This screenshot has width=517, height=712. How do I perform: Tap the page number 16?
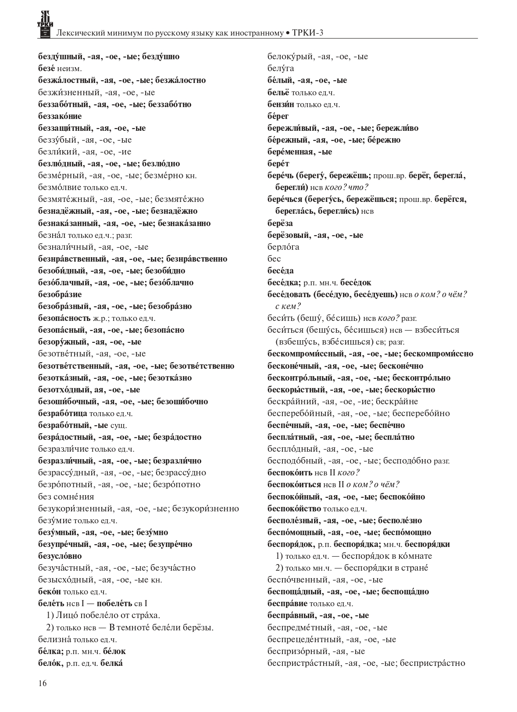43,683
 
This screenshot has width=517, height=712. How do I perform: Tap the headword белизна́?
55,639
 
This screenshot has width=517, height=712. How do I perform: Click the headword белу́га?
281,68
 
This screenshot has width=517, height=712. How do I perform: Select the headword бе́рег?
278,116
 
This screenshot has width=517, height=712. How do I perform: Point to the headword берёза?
280,223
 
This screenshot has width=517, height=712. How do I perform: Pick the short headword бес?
274,259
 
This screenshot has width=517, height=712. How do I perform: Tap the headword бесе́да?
281,270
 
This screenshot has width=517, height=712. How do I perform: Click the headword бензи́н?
281,104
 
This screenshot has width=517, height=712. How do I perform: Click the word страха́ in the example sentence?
146,615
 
